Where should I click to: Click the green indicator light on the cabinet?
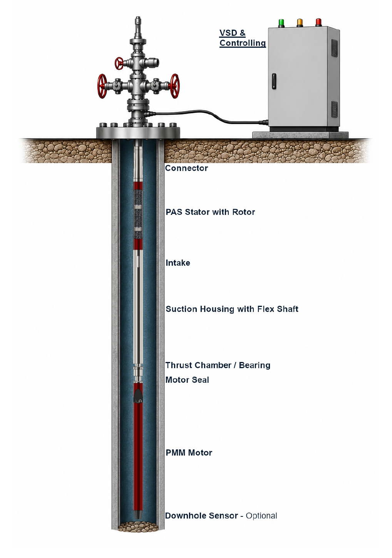coord(281,22)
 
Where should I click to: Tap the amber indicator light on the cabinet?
coord(300,22)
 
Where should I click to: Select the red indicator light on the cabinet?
coord(318,22)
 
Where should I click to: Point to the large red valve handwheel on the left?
coord(102,86)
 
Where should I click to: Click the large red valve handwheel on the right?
coord(175,86)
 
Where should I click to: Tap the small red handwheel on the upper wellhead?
coord(119,63)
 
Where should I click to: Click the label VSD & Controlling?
coord(242,38)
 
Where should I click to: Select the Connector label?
coord(186,168)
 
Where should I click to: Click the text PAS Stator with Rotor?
coord(210,212)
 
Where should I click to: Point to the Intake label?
coord(178,263)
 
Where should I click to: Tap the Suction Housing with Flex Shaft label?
coord(232,309)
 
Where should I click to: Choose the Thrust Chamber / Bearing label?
coord(218,365)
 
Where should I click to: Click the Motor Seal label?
coord(187,380)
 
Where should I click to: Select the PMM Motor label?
coord(189,452)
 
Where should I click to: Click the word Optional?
coord(261,516)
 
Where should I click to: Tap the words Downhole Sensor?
coord(201,516)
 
